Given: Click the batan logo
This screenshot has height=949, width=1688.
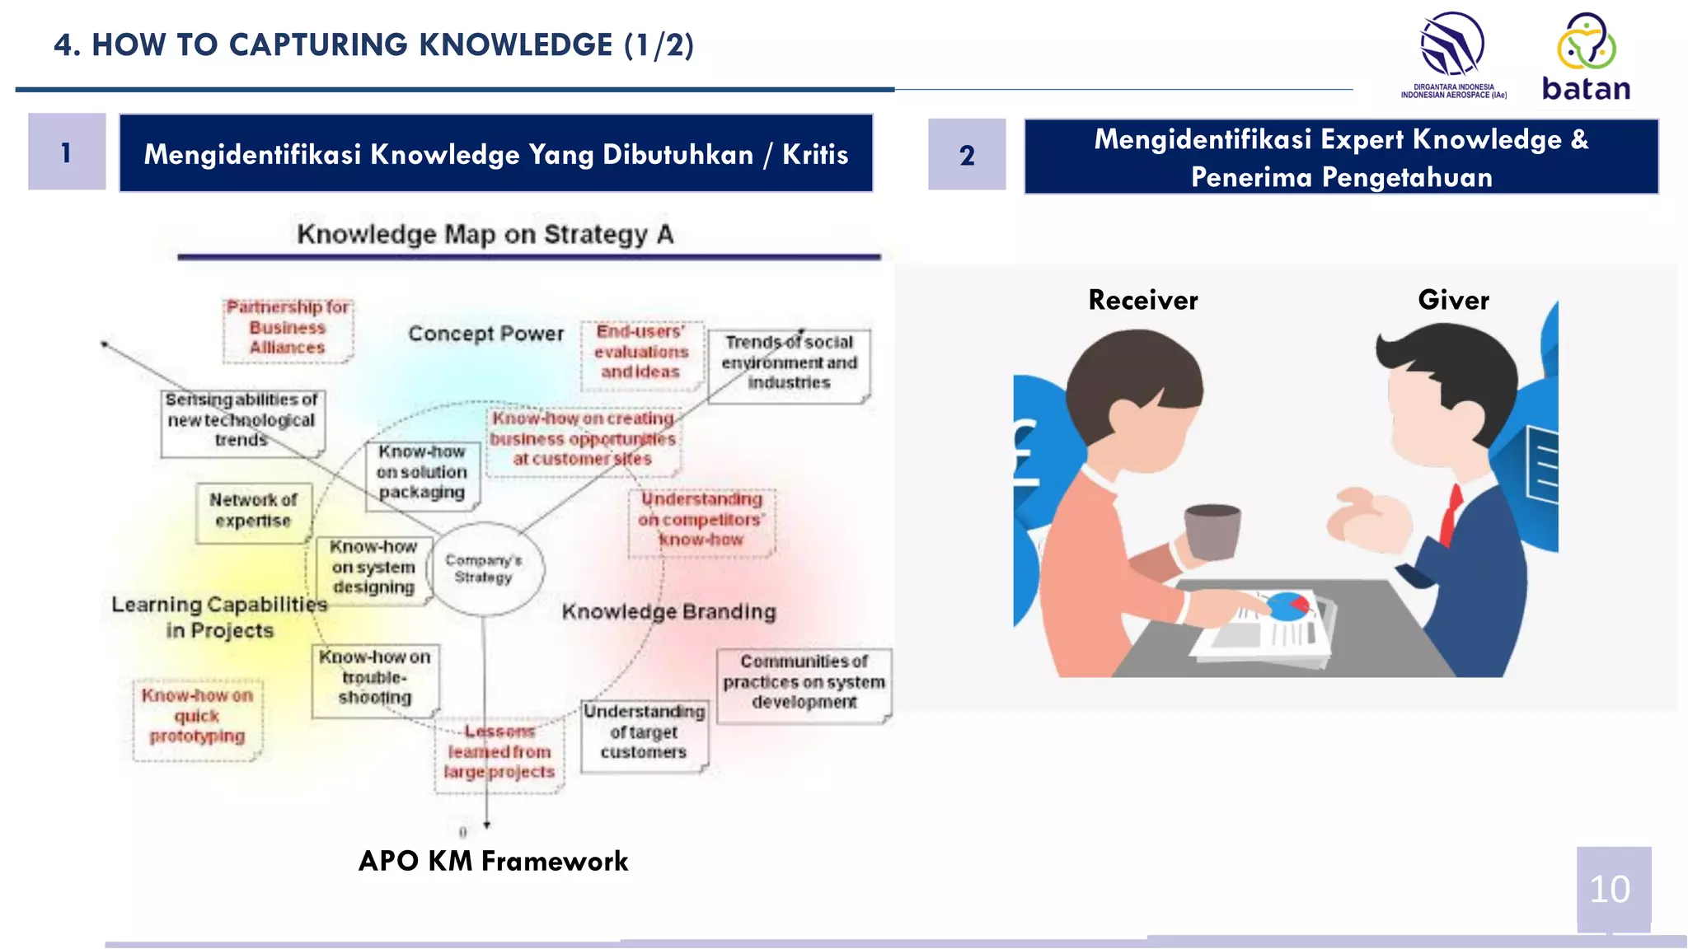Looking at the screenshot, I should [x=1586, y=58].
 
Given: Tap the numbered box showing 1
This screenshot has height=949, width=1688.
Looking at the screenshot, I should [x=67, y=152].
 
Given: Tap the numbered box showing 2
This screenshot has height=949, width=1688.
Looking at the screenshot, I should [x=967, y=155].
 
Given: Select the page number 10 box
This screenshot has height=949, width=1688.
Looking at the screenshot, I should [x=1613, y=889].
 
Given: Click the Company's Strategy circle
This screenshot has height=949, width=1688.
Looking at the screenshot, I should [x=485, y=568].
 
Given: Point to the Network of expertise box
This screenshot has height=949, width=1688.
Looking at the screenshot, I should [x=253, y=511].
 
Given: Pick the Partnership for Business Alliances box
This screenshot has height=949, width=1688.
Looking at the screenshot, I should [x=288, y=328].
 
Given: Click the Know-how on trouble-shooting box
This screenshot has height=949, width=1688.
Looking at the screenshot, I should [x=375, y=678].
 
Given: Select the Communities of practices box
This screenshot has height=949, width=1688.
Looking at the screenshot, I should [x=804, y=682].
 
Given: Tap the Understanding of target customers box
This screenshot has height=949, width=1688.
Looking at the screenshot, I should [x=644, y=732].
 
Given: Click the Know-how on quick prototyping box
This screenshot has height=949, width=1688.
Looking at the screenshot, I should [x=197, y=717].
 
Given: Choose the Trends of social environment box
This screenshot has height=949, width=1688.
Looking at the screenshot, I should [x=789, y=362].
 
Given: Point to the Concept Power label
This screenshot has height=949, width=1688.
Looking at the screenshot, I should [x=485, y=334].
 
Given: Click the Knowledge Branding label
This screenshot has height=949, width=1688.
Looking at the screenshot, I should [x=668, y=612].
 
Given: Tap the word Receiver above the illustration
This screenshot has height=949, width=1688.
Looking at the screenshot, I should [x=1142, y=300].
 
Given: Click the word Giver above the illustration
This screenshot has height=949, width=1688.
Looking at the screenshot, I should [x=1453, y=300].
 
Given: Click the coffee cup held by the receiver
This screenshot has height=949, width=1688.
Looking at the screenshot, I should [x=1212, y=532].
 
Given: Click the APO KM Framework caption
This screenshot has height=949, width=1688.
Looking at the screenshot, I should [x=493, y=861].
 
